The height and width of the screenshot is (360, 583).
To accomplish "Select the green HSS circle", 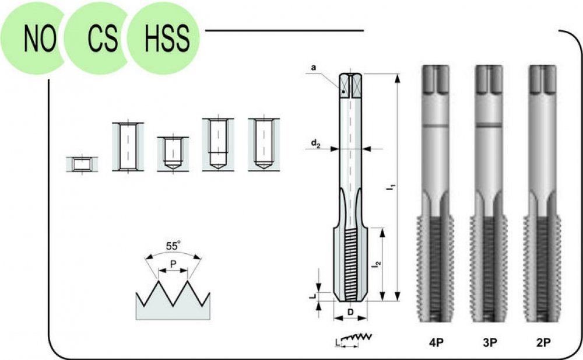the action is [x=164, y=39].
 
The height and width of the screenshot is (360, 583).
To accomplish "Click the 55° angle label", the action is [x=173, y=246].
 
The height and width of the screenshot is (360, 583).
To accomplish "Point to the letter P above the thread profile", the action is [x=173, y=264].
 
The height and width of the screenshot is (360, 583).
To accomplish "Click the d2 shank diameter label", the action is [x=315, y=143].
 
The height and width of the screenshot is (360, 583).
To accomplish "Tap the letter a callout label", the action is [x=314, y=67].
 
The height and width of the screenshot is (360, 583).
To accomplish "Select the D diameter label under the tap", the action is [x=350, y=312].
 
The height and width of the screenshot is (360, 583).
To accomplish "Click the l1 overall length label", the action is [x=391, y=187].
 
